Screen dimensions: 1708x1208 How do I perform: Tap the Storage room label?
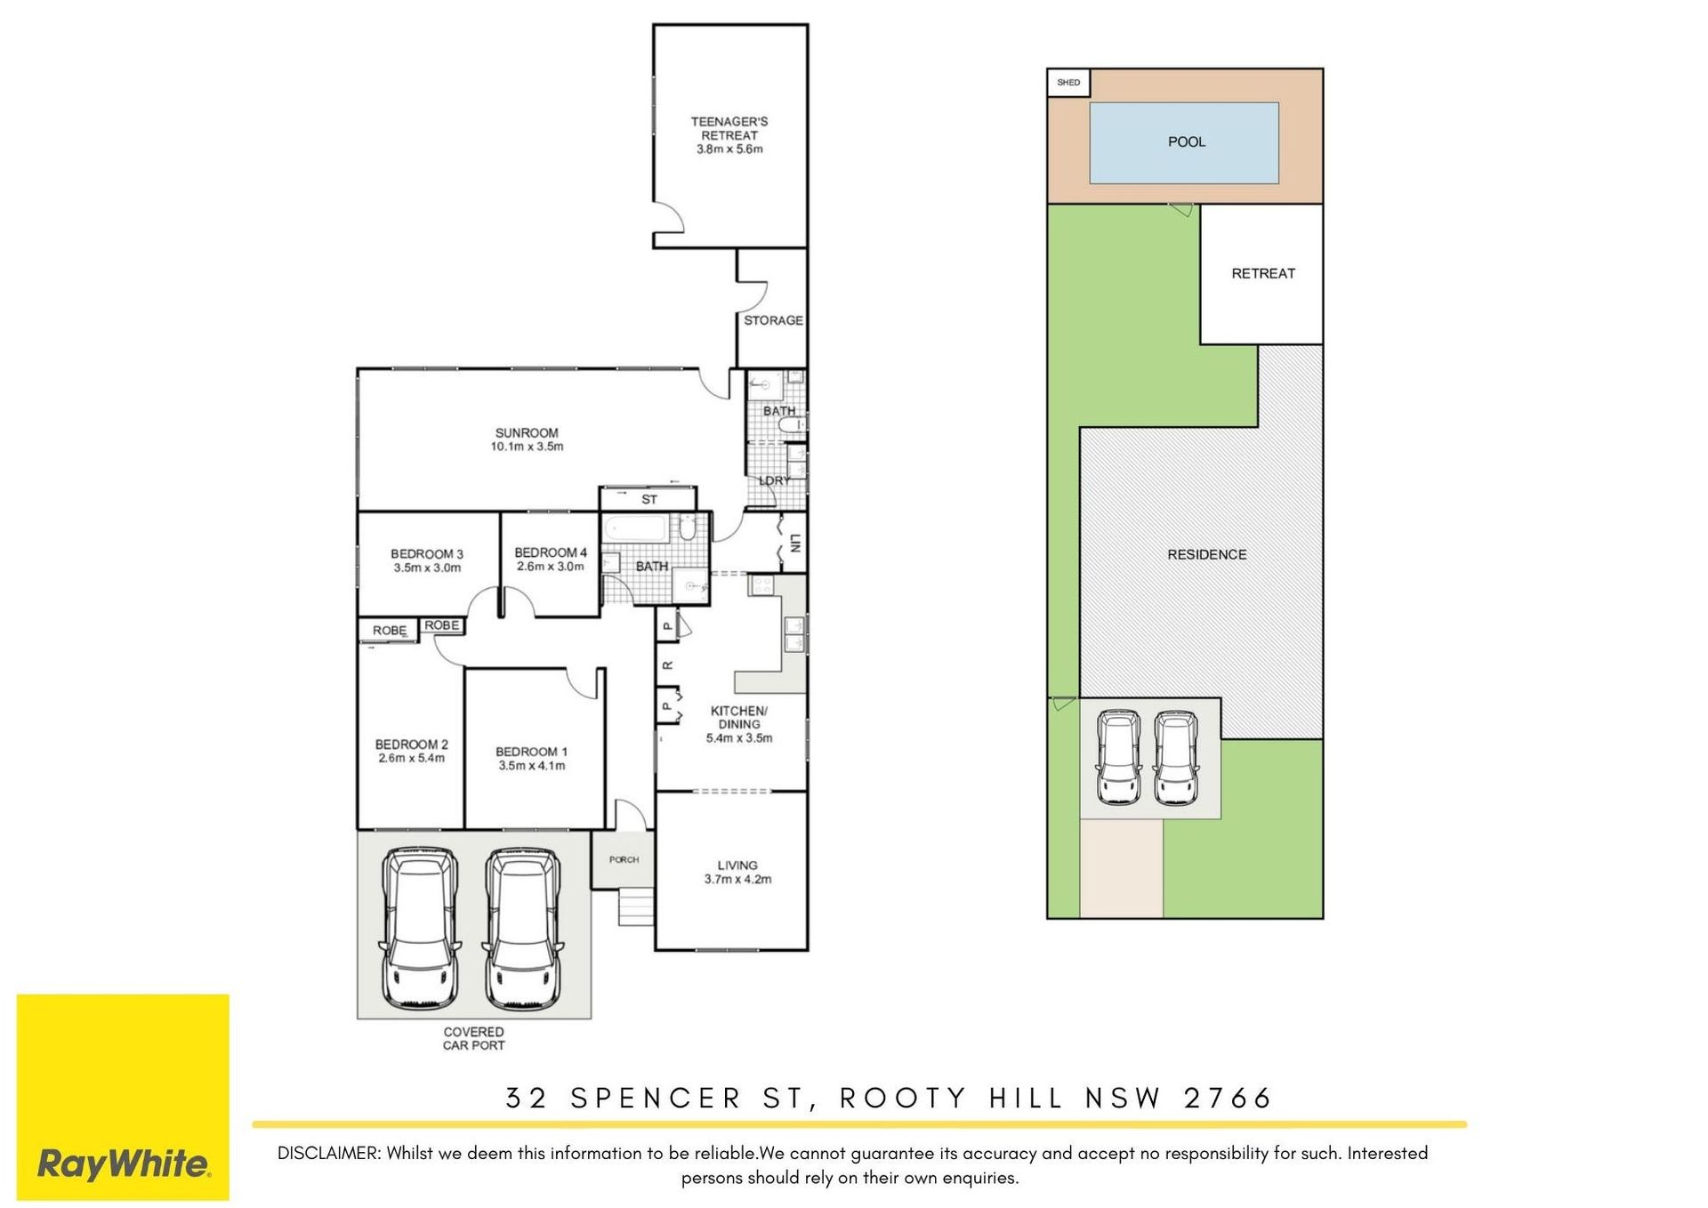pyautogui.click(x=773, y=320)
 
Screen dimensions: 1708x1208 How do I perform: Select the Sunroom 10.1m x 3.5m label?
pyautogui.click(x=527, y=439)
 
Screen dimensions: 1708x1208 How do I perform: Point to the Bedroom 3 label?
pyautogui.click(x=427, y=560)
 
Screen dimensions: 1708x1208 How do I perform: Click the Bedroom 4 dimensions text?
pyautogui.click(x=551, y=567)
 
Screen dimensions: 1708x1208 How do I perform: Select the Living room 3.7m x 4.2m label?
pyautogui.click(x=737, y=872)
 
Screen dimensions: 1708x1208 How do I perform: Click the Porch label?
pyautogui.click(x=624, y=859)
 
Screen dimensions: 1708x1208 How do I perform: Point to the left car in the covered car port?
pyautogui.click(x=420, y=929)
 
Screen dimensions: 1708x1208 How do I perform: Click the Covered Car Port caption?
pyautogui.click(x=473, y=1038)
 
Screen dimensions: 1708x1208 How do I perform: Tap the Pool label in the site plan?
pyautogui.click(x=1187, y=141)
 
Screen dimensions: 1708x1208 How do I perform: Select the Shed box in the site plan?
pyautogui.click(x=1068, y=83)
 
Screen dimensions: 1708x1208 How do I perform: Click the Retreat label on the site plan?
pyautogui.click(x=1263, y=273)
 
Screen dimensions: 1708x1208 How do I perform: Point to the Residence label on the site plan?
pyautogui.click(x=1206, y=554)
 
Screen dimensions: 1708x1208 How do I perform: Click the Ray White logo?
pyautogui.click(x=123, y=1097)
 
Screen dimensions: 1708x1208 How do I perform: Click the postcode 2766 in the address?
pyautogui.click(x=1228, y=1098)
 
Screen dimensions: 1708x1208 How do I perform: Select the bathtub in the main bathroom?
pyautogui.click(x=635, y=530)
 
